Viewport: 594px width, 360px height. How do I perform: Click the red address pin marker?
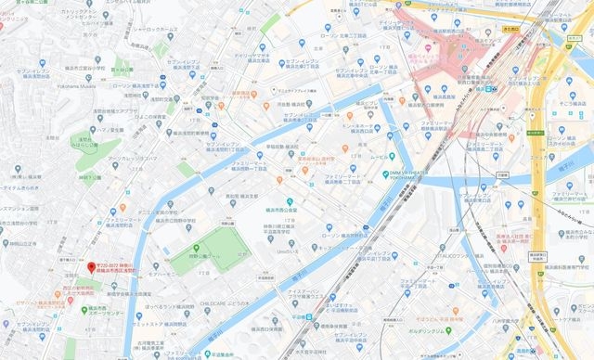(91, 267)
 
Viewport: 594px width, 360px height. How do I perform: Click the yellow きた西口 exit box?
(509, 29)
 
